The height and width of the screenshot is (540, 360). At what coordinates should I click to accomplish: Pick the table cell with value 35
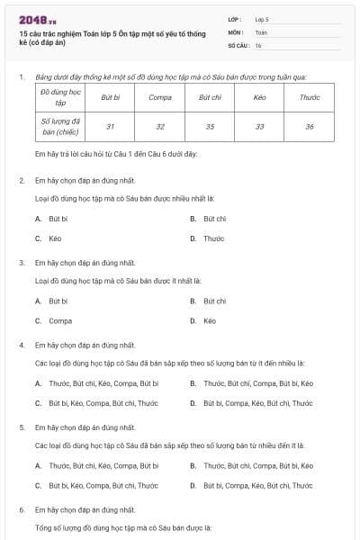point(210,127)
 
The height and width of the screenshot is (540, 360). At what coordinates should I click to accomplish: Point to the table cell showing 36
point(309,127)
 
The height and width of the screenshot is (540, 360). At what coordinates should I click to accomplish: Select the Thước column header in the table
point(309,97)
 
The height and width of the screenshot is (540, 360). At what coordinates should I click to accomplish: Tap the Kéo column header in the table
point(260,97)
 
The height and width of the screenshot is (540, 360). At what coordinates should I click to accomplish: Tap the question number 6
point(22,509)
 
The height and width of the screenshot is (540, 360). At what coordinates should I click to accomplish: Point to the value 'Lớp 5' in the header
point(262,18)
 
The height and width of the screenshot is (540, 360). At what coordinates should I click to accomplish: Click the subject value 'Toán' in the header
point(261,31)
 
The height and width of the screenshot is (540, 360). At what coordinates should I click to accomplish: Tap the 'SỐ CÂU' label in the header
point(238,45)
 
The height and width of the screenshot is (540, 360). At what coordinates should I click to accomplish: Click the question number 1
point(22,77)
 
